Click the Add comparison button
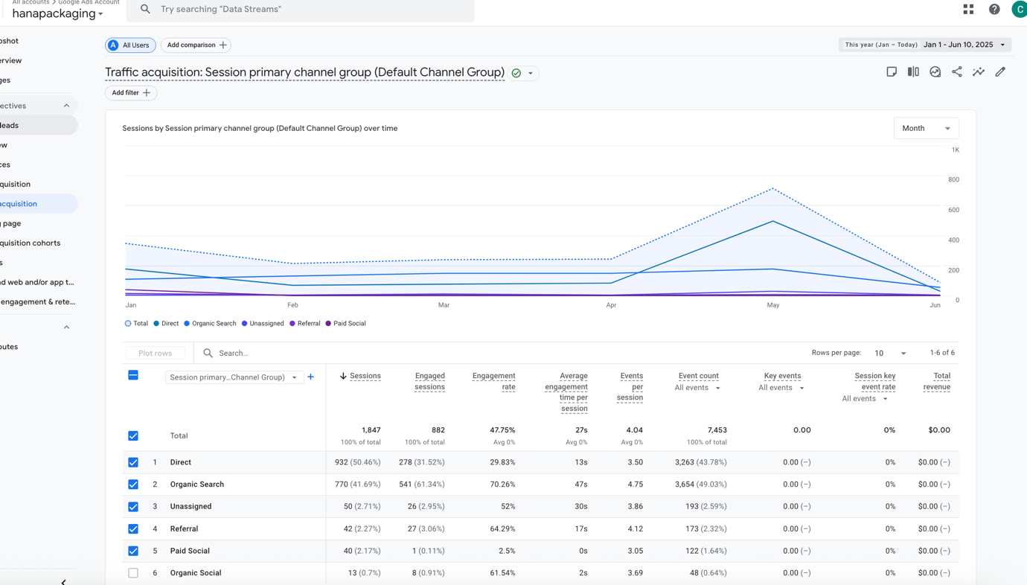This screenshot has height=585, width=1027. pos(196,45)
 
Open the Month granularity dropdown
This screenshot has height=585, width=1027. pos(926,128)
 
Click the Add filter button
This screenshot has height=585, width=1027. pos(131,93)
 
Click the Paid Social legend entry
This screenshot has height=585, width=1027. pos(348,324)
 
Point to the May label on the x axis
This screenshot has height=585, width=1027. pos(773,305)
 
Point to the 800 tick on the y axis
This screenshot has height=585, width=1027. pos(953,180)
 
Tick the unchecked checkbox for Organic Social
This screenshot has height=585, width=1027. pos(133,573)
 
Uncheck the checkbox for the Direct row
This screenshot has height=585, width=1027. pos(133,462)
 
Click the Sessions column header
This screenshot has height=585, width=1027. pos(365,376)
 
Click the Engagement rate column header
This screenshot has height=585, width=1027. pos(493,381)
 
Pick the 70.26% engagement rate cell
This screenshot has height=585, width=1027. pos(502,485)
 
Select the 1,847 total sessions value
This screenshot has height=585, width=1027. pos(371,430)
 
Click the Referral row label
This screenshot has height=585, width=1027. pos(184,529)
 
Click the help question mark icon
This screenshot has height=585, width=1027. pos(994,9)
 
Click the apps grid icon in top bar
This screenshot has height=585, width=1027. pos(968,9)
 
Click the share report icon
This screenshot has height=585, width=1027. pos(957,72)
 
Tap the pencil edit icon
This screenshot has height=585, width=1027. pos(1000,72)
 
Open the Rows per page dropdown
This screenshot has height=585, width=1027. pos(890,353)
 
